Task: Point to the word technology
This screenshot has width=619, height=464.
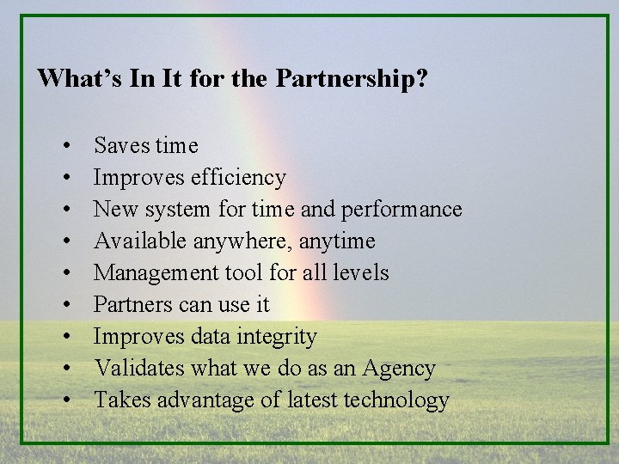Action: click(x=400, y=400)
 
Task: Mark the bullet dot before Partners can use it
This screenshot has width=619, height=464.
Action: click(x=66, y=306)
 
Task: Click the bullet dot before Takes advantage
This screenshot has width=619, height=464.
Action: click(x=66, y=401)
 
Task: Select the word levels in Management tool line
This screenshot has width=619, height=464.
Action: click(x=364, y=273)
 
